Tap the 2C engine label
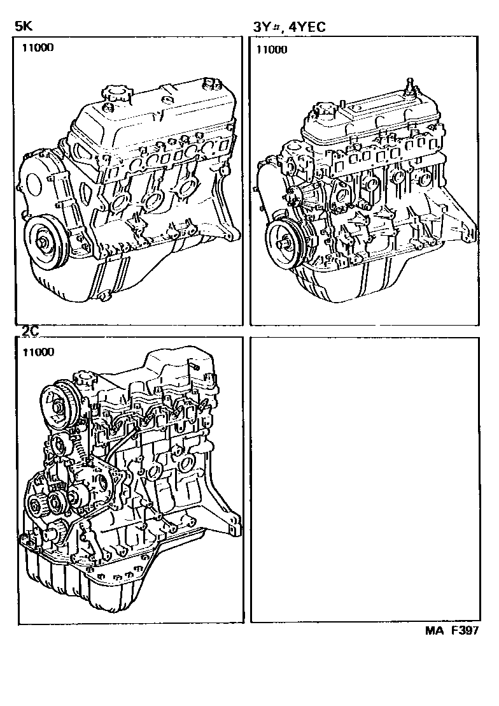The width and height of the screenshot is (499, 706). click(29, 331)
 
